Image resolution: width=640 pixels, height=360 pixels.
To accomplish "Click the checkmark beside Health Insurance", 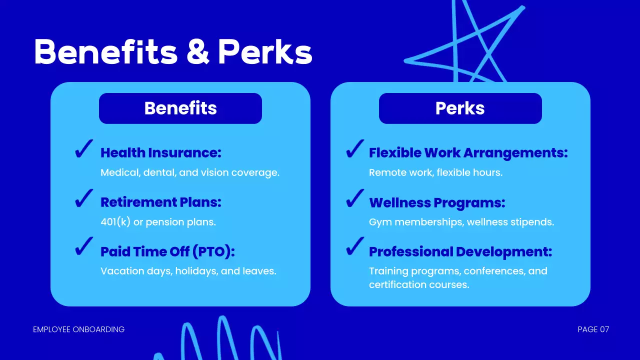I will tap(84, 149).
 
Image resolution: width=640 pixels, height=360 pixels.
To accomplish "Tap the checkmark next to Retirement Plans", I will tap(84, 198).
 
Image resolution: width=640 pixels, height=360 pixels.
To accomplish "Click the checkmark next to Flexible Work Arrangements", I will tap(354, 149).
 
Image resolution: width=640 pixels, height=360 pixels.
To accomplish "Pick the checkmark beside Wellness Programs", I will tap(354, 198).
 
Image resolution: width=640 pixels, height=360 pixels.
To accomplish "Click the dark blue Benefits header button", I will tap(180, 108).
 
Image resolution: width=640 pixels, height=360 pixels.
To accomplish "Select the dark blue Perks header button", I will tap(460, 108).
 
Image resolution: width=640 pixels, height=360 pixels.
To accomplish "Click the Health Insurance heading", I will tap(160, 152).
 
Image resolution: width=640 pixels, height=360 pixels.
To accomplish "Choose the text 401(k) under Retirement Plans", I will tap(115, 222).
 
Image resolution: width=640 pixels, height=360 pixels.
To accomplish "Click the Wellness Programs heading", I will tap(437, 202).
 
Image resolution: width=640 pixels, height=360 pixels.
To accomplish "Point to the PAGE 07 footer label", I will tap(593, 329).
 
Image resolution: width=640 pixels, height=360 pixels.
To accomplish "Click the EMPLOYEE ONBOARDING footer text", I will tap(78, 329).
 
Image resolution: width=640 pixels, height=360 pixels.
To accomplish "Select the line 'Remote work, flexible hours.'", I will tap(435, 172).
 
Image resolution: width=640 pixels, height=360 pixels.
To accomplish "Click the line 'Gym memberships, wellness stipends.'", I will tap(461, 222).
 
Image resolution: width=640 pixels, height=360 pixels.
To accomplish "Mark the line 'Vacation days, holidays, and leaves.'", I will tap(188, 271).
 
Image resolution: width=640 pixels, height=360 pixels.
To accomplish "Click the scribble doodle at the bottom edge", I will tap(220, 340).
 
